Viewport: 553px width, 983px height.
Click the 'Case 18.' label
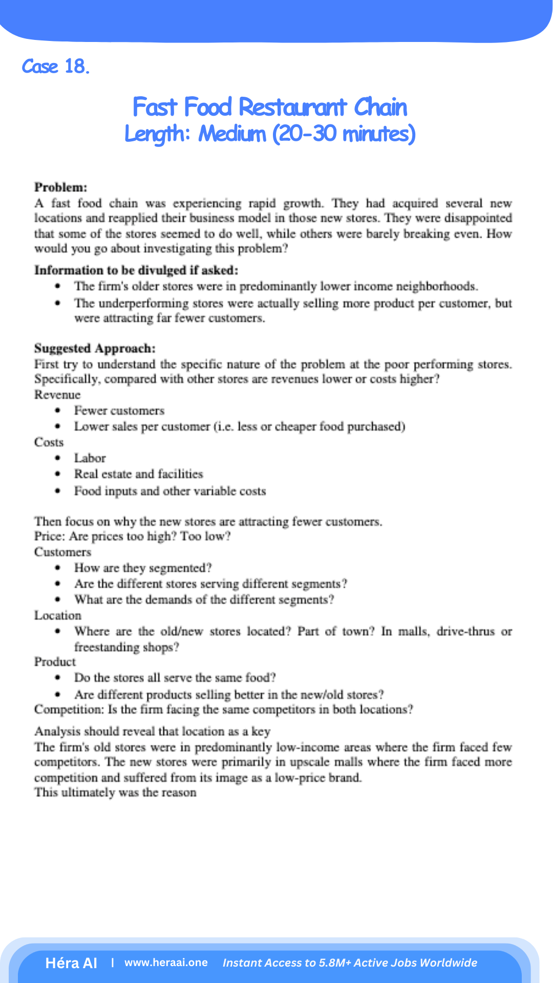click(55, 67)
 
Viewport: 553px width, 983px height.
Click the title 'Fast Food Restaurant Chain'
click(270, 108)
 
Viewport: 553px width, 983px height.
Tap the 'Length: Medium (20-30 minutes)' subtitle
click(270, 134)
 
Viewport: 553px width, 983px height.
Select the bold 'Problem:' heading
click(60, 187)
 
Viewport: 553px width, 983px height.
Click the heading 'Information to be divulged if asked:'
click(136, 270)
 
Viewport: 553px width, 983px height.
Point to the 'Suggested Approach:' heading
click(95, 349)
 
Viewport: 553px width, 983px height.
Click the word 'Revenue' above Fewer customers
click(57, 395)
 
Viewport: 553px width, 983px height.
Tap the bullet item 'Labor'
click(90, 458)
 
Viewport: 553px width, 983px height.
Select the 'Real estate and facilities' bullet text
click(138, 474)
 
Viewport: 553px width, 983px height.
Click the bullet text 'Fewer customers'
click(119, 411)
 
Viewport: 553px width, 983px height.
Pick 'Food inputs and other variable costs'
click(169, 491)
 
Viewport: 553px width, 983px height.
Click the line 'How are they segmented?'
click(142, 568)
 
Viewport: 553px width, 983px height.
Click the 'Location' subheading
click(57, 615)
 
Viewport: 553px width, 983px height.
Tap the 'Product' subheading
click(55, 662)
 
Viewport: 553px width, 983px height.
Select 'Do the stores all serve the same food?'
click(175, 678)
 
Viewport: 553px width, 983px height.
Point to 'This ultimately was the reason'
click(115, 793)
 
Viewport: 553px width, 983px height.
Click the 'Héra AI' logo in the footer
click(71, 963)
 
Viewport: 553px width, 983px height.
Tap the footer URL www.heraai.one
click(166, 963)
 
